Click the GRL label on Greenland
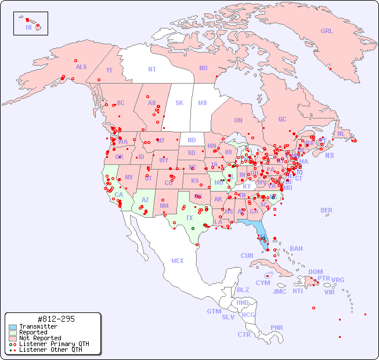(327, 31)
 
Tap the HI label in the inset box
(28, 27)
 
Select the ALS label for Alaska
(81, 67)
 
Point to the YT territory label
(109, 70)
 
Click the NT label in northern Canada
(152, 69)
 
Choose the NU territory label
(203, 68)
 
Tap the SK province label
(179, 103)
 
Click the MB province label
(203, 103)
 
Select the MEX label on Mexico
(178, 261)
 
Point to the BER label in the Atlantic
(327, 210)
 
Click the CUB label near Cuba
(247, 255)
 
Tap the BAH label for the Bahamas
(296, 249)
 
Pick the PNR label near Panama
(277, 327)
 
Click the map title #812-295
(55, 319)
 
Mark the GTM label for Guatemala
(214, 311)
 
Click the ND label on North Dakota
(192, 140)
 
